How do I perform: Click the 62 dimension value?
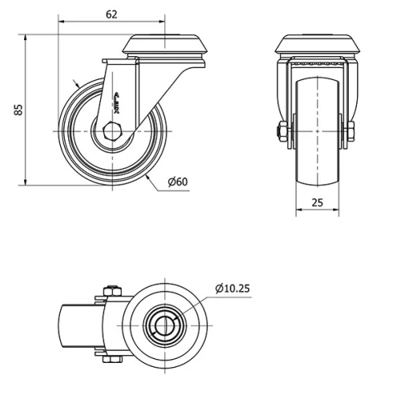[x=111, y=14]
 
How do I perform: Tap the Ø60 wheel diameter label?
[x=177, y=182]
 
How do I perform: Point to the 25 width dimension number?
[x=317, y=203]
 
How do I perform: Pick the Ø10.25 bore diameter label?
[x=233, y=288]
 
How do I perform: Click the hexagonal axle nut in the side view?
[x=114, y=130]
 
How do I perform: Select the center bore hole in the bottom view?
[x=167, y=328]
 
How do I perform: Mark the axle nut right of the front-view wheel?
[x=350, y=132]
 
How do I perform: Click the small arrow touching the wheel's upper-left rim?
[x=75, y=83]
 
